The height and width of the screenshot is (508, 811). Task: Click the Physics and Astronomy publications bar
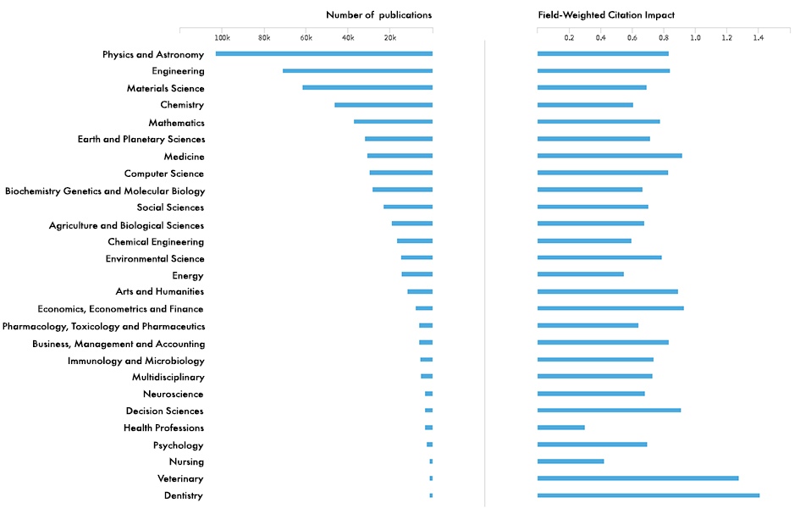[323, 54]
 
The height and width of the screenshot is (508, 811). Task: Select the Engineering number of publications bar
[357, 71]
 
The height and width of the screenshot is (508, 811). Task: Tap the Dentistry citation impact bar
[648, 495]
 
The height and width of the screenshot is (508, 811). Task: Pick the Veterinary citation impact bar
[637, 478]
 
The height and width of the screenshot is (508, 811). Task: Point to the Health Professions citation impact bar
[561, 428]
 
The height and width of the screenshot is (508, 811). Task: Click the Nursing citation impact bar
[571, 461]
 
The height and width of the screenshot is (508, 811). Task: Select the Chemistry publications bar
[383, 105]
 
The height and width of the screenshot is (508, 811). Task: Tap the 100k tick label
[222, 38]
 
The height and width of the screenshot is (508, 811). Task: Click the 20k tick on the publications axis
[390, 38]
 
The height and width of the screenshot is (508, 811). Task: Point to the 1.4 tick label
[759, 38]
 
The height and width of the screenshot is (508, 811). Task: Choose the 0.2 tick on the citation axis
[569, 38]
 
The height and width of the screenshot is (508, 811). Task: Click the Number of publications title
[378, 15]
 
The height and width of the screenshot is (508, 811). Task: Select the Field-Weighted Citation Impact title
[606, 15]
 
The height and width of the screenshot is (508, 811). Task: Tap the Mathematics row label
[176, 123]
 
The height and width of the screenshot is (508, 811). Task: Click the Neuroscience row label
[174, 394]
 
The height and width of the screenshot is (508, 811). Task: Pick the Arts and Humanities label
[160, 291]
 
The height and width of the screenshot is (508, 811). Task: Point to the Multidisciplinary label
[168, 377]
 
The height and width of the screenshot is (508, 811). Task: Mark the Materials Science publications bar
[367, 88]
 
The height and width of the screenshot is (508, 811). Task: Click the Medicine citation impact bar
[610, 156]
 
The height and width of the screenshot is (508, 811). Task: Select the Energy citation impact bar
[581, 274]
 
